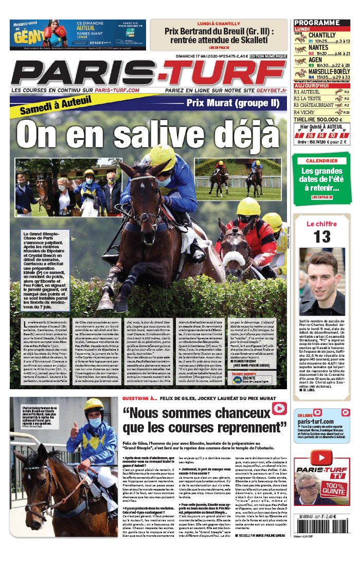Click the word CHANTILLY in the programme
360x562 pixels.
click(322, 35)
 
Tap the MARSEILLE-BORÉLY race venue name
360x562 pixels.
click(329, 72)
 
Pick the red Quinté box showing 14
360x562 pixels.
click(321, 135)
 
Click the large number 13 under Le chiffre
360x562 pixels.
click(322, 237)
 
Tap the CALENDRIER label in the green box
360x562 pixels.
click(321, 161)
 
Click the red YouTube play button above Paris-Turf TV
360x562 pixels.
click(322, 458)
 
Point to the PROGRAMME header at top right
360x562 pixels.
click(316, 23)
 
